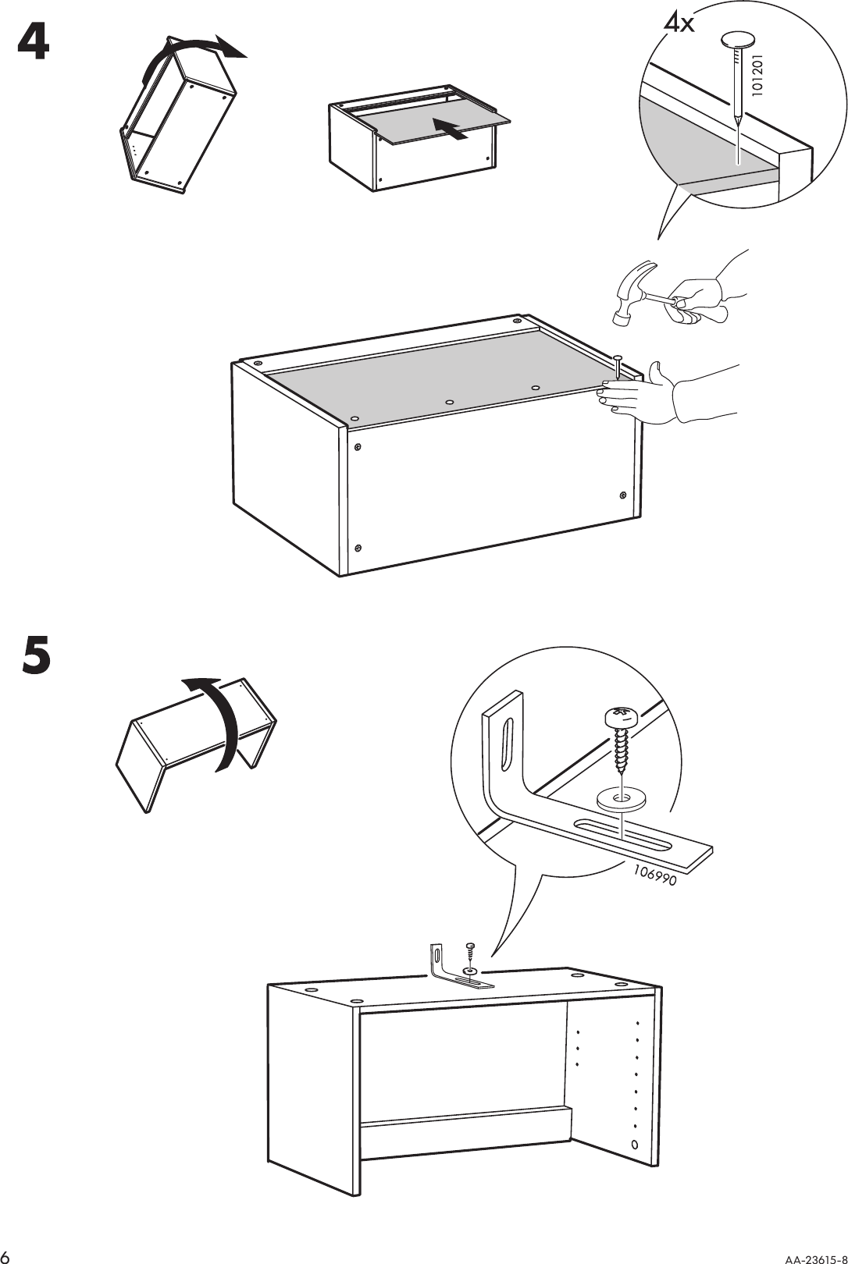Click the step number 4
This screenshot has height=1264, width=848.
(x=34, y=43)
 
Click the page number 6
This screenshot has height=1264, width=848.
(x=7, y=1255)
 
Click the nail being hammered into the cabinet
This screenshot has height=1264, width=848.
(x=618, y=367)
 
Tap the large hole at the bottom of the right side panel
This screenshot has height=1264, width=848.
(x=633, y=1145)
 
